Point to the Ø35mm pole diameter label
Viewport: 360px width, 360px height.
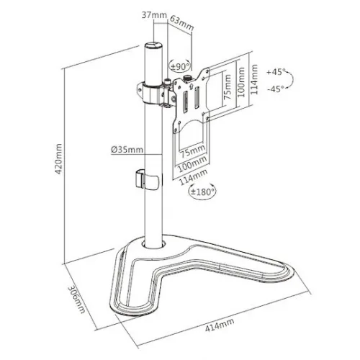(126, 149)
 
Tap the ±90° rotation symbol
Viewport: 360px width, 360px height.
(178, 66)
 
